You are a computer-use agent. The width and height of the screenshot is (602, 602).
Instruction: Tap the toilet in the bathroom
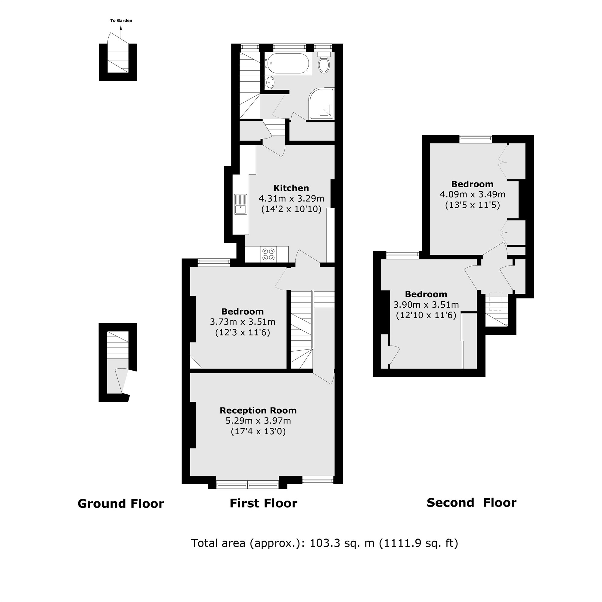point(324,64)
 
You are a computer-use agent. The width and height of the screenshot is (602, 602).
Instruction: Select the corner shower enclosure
point(321,104)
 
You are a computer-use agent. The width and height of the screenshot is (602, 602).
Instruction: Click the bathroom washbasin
point(269,83)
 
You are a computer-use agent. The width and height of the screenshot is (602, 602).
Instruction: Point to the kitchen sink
point(240,204)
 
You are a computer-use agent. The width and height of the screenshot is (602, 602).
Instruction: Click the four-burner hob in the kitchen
point(268,254)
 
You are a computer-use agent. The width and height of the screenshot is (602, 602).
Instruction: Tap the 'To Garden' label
point(121,20)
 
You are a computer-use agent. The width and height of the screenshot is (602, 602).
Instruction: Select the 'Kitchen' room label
point(291,188)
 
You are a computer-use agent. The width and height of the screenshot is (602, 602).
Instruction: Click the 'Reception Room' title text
point(258,410)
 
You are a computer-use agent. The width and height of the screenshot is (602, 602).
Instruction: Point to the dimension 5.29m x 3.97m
point(258,421)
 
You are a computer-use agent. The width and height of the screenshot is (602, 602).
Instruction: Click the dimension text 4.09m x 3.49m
point(472,194)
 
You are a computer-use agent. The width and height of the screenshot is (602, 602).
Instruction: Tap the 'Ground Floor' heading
point(121,504)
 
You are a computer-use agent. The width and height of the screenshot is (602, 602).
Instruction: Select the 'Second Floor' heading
point(471,503)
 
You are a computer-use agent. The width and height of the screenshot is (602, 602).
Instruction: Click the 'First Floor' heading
point(263,504)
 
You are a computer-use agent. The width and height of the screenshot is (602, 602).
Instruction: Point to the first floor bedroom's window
point(214,262)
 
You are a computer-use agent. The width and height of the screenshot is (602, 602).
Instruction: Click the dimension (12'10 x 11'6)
point(426,315)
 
